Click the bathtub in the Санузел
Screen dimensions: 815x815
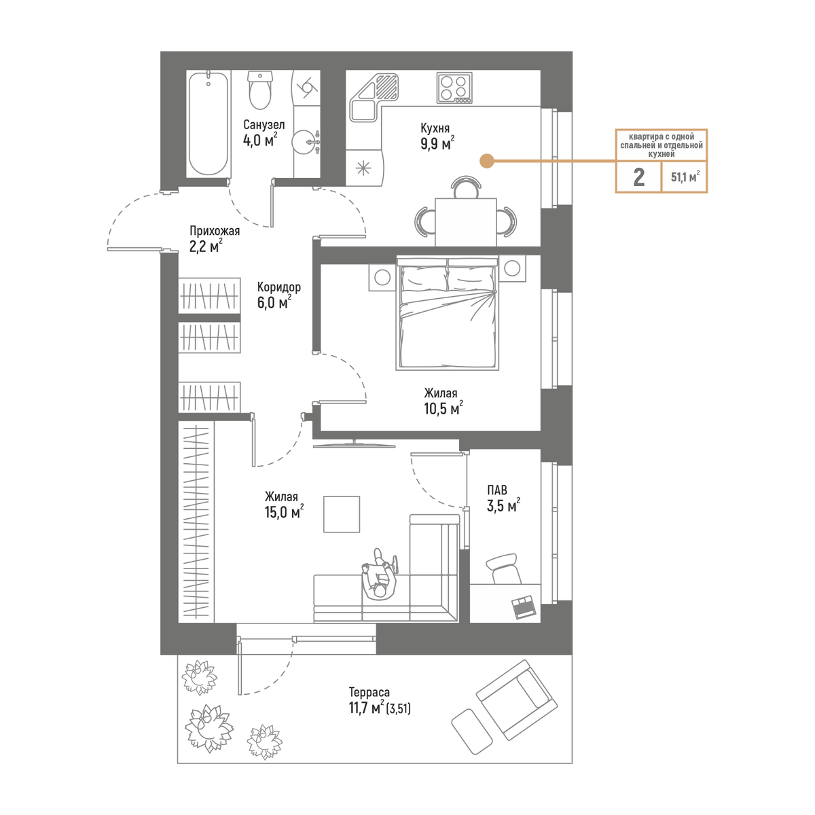tap(209, 124)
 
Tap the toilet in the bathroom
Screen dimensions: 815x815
tap(259, 90)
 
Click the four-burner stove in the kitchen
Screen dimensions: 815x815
tap(454, 88)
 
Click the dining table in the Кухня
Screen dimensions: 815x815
tap(466, 221)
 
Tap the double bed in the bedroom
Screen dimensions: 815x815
tap(448, 312)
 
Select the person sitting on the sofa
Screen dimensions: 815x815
tap(380, 575)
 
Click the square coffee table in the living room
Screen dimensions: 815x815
tap(342, 514)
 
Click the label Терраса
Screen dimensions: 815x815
tap(369, 692)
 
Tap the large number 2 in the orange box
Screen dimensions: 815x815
tap(638, 177)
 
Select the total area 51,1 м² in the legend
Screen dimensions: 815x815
tap(685, 177)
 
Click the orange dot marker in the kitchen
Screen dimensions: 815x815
tap(487, 161)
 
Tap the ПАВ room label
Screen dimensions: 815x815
tap(497, 490)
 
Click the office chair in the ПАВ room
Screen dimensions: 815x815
tap(504, 569)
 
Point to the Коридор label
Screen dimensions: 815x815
tap(279, 287)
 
